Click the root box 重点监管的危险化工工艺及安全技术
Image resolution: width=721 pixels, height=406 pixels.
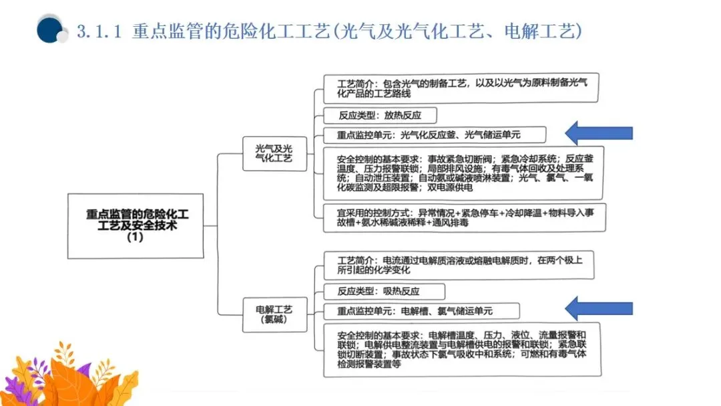[x=136, y=226]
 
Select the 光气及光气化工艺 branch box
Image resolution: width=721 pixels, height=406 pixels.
[x=274, y=153]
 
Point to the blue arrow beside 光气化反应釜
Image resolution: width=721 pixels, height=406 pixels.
[x=598, y=133]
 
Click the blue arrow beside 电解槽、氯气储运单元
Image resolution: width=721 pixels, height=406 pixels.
[x=598, y=308]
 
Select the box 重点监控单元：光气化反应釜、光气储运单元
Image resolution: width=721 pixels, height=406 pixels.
[x=434, y=134]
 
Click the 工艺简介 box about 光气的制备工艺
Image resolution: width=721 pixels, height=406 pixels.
[x=461, y=89]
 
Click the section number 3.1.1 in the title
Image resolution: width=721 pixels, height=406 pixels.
[x=99, y=31]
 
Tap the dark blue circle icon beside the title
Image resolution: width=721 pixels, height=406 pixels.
[x=49, y=30]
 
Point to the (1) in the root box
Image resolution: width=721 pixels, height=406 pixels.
[x=135, y=238]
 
